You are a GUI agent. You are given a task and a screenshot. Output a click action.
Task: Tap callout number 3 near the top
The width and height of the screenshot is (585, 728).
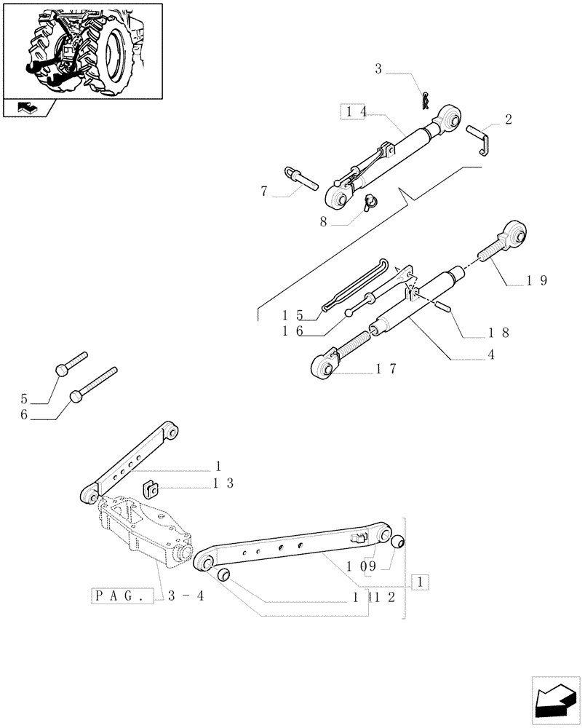(x=378, y=70)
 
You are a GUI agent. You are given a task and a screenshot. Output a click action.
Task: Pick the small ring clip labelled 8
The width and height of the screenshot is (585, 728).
(x=370, y=200)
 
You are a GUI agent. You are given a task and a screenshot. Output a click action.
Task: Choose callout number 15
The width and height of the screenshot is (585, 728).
(x=292, y=315)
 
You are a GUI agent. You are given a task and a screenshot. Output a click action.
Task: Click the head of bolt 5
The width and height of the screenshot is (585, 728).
(x=62, y=371)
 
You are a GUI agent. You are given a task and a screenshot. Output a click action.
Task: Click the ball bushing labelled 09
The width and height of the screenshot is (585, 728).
(x=398, y=542)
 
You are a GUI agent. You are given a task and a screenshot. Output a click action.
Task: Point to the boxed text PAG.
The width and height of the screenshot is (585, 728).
(x=123, y=596)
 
